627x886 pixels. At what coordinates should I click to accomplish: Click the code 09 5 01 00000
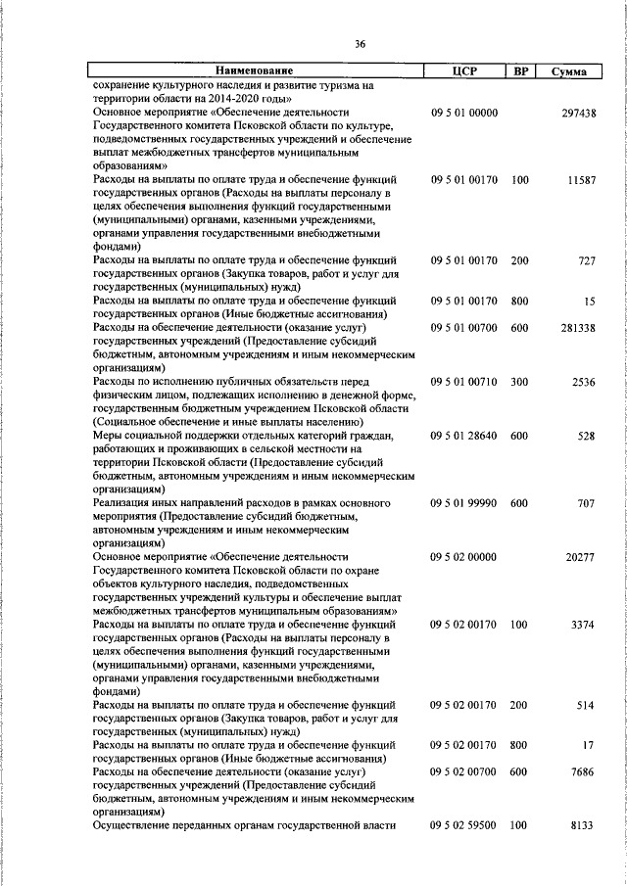(464, 114)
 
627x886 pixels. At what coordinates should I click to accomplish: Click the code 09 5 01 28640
(464, 435)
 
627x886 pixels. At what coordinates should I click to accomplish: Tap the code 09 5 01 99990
(464, 502)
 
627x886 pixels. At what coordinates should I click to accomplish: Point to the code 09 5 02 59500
(464, 825)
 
